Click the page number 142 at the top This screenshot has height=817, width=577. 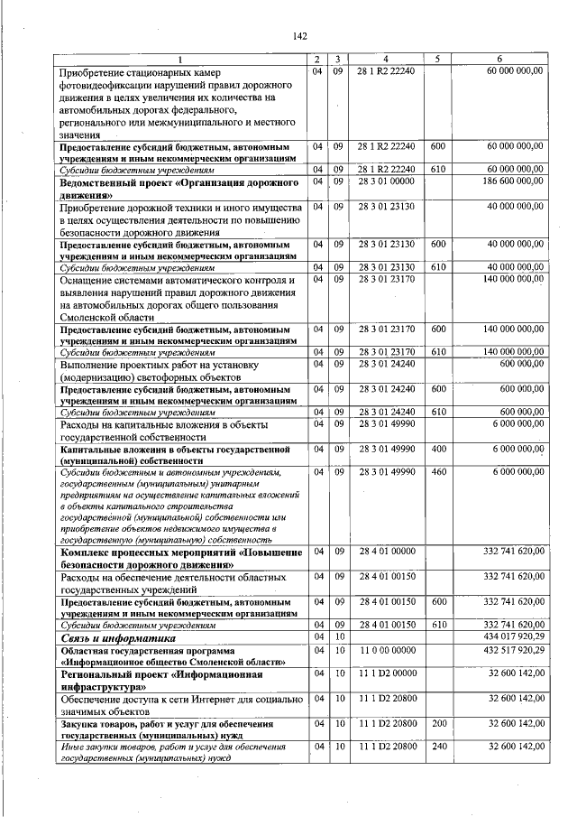pyautogui.click(x=300, y=36)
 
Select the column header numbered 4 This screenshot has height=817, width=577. pyautogui.click(x=385, y=60)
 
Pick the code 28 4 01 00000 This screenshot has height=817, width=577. pyautogui.click(x=385, y=551)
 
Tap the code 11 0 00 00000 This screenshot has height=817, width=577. pyautogui.click(x=385, y=650)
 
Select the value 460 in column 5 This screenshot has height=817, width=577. pyautogui.click(x=437, y=472)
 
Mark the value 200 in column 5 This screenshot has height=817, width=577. pyautogui.click(x=437, y=723)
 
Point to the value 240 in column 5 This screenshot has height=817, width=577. pyautogui.click(x=437, y=747)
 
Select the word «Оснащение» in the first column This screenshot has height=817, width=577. pyautogui.click(x=88, y=279)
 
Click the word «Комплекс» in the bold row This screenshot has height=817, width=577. pyautogui.click(x=87, y=551)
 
